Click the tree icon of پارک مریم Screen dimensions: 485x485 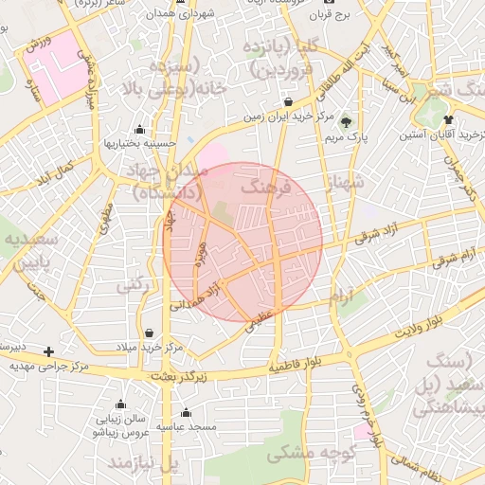pos(346,121)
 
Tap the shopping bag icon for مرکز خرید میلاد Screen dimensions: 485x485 pos(151,332)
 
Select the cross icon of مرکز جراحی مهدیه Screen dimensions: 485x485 pos(49,351)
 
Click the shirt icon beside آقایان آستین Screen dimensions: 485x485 pos(448,120)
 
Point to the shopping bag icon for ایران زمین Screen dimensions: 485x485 pos(288,102)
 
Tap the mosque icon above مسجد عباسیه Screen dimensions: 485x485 pos(186,413)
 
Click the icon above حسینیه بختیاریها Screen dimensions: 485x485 pos(140,130)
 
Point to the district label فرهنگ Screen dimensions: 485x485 pos(262,189)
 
